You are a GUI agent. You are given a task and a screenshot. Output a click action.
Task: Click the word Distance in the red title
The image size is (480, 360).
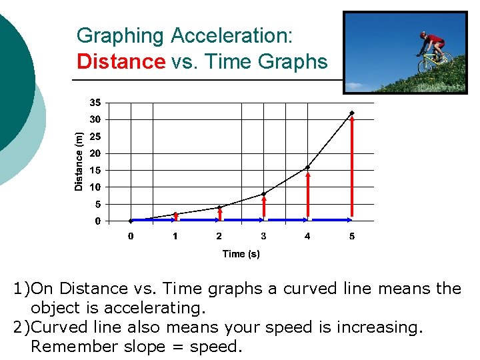pyautogui.click(x=121, y=62)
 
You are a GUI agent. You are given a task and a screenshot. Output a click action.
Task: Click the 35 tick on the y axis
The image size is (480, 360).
pyautogui.click(x=95, y=103)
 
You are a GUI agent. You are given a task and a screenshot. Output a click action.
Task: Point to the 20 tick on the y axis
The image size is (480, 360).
pyautogui.click(x=95, y=153)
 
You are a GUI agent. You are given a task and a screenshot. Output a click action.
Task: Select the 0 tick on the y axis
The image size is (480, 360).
pyautogui.click(x=97, y=221)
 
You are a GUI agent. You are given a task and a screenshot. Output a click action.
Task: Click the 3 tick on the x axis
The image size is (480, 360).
pyautogui.click(x=263, y=236)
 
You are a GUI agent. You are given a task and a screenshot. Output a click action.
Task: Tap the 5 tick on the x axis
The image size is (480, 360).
pyautogui.click(x=352, y=236)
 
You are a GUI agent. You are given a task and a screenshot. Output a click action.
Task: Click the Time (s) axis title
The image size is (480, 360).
pyautogui.click(x=241, y=254)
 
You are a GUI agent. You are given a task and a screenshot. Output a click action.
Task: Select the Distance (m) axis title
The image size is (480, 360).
pyautogui.click(x=79, y=161)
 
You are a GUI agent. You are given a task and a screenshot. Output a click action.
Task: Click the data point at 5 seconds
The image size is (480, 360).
pyautogui.click(x=352, y=113)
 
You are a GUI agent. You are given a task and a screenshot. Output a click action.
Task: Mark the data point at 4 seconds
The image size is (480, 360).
pyautogui.click(x=307, y=167)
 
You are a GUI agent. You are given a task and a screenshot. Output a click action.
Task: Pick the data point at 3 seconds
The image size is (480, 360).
pyautogui.click(x=263, y=194)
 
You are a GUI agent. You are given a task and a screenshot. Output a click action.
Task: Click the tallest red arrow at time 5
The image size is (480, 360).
pyautogui.click(x=352, y=167)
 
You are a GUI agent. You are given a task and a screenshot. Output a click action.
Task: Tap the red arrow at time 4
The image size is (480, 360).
pyautogui.click(x=307, y=193)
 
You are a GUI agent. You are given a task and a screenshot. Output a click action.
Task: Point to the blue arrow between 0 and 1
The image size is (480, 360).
pyautogui.click(x=153, y=219)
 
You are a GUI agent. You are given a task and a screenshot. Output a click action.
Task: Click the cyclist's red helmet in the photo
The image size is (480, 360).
pyautogui.click(x=423, y=34)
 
